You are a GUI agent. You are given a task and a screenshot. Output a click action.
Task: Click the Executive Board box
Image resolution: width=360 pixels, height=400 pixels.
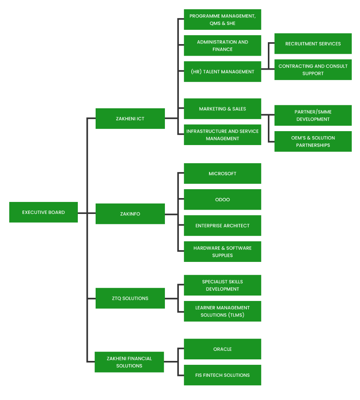click(43, 212)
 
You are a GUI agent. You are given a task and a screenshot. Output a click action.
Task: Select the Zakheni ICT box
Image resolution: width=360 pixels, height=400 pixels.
click(130, 118)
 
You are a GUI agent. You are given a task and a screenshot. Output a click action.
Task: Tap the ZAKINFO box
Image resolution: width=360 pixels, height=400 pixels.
click(130, 214)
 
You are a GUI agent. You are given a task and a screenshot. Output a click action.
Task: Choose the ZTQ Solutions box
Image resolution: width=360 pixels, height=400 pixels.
click(130, 298)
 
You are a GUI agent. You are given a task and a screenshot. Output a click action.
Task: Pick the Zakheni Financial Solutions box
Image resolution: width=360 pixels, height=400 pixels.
click(129, 362)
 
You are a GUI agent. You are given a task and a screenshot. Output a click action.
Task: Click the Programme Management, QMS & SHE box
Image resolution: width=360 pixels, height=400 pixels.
click(222, 19)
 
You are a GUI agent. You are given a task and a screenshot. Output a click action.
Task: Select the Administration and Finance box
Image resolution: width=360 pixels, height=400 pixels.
click(222, 45)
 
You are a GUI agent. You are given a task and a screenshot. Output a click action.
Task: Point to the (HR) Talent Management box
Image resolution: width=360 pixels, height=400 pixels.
click(222, 72)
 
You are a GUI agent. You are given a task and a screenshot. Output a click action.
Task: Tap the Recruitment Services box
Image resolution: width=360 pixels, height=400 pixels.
click(313, 44)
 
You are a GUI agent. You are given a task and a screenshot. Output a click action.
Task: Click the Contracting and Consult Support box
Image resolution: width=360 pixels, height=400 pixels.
click(313, 70)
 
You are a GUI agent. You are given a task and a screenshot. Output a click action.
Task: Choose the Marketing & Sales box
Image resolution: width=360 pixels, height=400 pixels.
click(222, 109)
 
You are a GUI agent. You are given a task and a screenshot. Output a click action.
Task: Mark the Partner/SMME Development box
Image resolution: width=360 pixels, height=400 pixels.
click(313, 115)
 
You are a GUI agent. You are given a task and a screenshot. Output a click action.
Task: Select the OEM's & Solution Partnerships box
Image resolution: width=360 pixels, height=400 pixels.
click(313, 141)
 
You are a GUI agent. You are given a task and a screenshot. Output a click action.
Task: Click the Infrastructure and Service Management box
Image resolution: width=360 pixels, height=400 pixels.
click(222, 135)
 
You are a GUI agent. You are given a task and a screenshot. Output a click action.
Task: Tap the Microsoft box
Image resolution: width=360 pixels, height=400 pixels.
click(222, 173)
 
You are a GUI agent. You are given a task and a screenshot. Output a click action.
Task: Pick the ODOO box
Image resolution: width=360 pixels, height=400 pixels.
click(222, 199)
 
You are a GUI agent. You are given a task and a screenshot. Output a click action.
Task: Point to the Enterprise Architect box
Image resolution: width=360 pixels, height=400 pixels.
click(222, 226)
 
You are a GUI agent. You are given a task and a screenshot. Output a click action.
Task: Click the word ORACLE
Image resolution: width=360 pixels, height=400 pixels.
click(222, 349)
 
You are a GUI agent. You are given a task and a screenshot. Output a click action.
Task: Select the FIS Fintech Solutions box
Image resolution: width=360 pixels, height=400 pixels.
click(222, 375)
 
